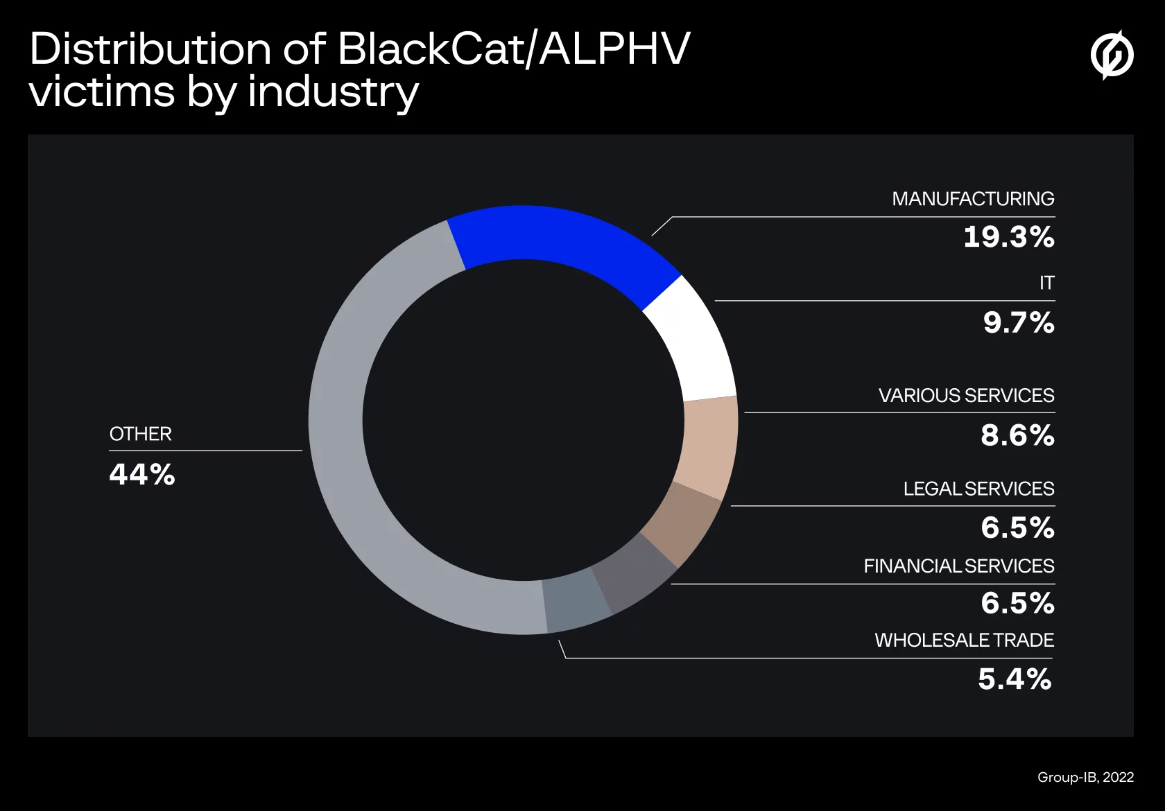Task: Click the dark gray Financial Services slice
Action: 632,573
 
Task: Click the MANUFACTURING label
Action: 972,199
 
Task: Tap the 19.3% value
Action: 1008,237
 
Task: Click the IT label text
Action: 1046,283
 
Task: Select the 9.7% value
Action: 1018,323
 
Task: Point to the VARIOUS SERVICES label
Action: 965,396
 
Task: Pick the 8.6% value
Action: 1017,435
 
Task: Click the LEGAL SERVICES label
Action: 978,489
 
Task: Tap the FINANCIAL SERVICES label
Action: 958,566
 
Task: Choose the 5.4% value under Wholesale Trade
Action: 1014,679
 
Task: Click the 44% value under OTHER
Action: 142,475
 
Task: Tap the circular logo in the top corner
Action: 1112,55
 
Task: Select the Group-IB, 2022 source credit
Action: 1085,777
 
